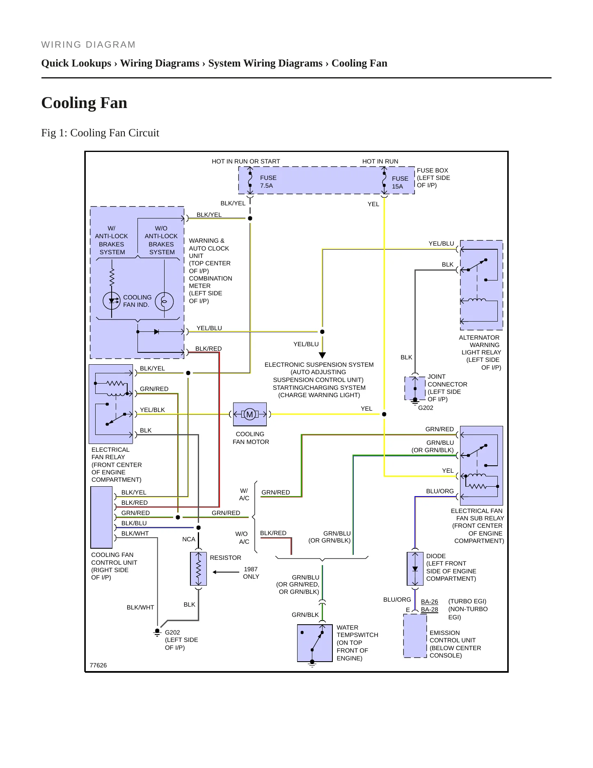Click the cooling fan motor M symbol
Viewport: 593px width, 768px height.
pos(250,414)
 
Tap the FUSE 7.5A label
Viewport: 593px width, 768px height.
pos(268,182)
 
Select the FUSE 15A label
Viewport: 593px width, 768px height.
pos(400,182)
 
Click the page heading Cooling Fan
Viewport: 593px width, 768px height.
pos(84,103)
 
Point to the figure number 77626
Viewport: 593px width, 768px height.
pos(98,665)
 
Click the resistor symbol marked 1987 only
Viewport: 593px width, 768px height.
pos(199,569)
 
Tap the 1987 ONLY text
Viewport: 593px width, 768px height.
pos(251,573)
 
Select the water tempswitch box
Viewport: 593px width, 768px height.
pos(315,643)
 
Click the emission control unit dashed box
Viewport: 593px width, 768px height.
pos(415,635)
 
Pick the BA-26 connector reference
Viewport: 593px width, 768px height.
pos(429,602)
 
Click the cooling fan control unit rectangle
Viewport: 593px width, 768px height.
pos(101,517)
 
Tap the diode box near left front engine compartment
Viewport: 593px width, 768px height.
pos(415,569)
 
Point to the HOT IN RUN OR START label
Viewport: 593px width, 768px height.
pos(246,161)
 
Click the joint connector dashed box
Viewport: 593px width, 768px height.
pos(415,388)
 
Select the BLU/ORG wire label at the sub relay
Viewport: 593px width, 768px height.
pos(440,491)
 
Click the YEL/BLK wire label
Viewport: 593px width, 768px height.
pos(152,410)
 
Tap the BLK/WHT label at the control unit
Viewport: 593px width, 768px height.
pos(135,533)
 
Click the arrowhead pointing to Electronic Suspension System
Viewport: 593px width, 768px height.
pos(323,355)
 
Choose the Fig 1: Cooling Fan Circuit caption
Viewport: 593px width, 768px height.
pos(100,133)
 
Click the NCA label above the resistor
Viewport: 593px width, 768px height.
pos(189,539)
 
